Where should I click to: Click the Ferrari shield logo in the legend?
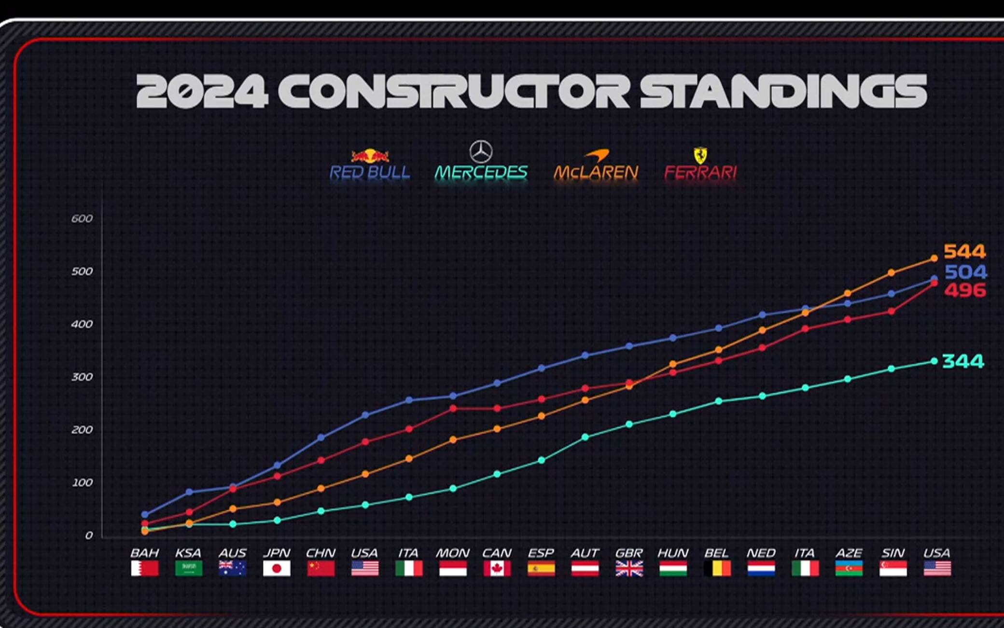coord(700,155)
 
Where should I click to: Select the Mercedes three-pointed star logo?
coord(481,152)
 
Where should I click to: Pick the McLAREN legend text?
coord(596,172)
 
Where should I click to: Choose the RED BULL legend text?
coord(370,172)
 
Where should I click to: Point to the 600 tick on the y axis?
coord(82,218)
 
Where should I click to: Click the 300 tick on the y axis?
coord(82,377)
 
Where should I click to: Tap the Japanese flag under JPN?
coord(277,568)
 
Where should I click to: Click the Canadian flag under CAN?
coord(497,568)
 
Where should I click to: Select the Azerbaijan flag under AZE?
coord(849,568)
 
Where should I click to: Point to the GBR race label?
coord(629,553)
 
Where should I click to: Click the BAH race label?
coord(145,553)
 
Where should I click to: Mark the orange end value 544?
coord(964,251)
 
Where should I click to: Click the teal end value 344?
coord(963,361)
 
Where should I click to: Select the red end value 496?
coord(964,290)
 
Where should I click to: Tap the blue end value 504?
coord(965,272)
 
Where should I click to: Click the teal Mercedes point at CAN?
coord(497,474)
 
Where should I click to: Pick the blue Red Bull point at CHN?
coord(321,437)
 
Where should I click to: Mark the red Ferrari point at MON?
coord(453,409)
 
